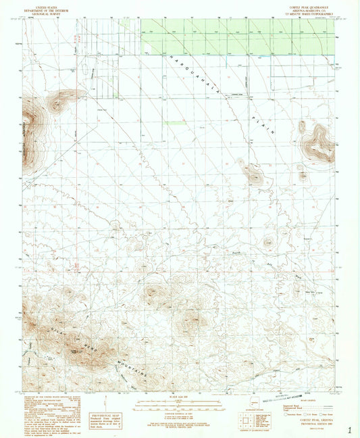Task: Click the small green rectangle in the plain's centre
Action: pos(174,123)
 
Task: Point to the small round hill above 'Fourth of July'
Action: pos(269,241)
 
